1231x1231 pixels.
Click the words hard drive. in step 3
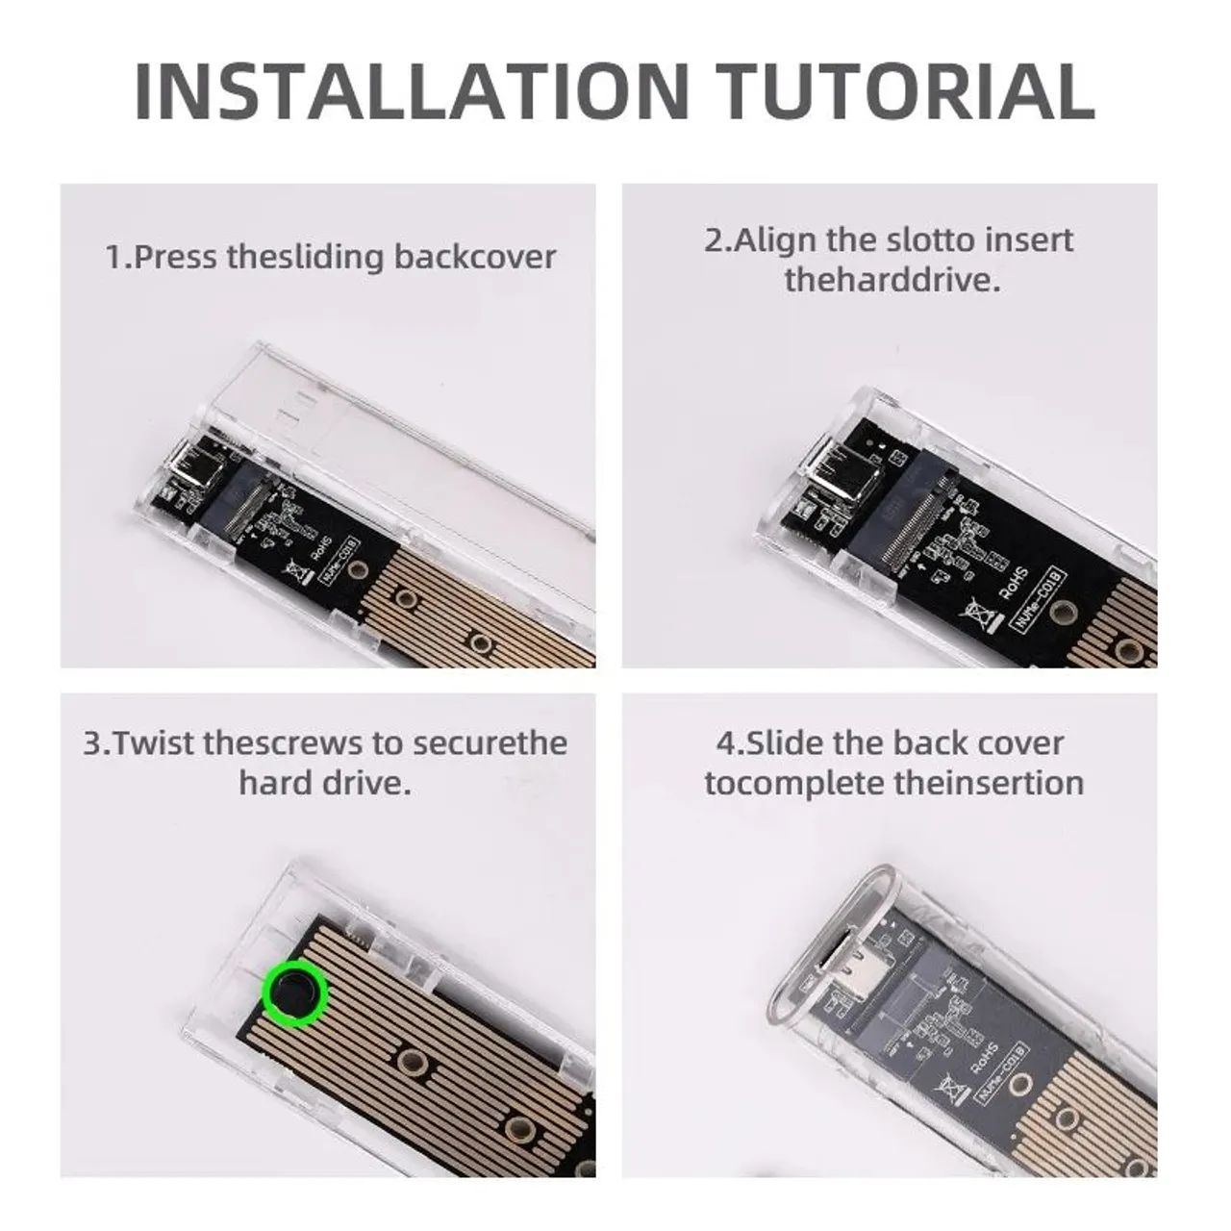point(325,782)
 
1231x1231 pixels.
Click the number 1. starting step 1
point(116,257)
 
